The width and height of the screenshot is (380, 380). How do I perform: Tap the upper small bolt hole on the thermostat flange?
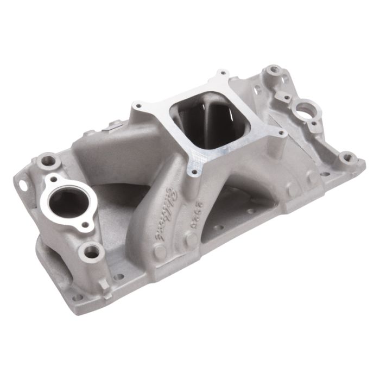click(x=53, y=179)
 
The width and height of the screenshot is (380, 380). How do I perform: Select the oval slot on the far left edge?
click(x=23, y=185)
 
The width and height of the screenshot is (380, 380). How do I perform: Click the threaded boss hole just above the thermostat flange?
click(x=50, y=161)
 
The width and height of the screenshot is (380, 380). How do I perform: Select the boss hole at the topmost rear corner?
click(x=275, y=69)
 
